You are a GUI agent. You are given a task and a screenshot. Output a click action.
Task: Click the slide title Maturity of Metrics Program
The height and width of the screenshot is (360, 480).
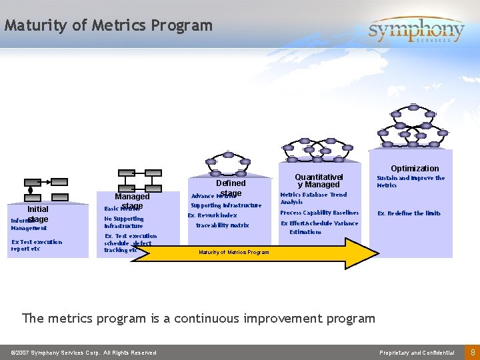(108, 26)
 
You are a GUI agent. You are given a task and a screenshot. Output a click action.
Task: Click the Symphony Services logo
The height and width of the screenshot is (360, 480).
(416, 30)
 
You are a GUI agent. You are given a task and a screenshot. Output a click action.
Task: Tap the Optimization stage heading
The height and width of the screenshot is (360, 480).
(415, 168)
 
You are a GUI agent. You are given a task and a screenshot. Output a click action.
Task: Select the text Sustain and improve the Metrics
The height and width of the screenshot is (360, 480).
(411, 181)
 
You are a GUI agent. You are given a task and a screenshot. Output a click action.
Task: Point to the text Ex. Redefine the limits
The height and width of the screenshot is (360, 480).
(409, 213)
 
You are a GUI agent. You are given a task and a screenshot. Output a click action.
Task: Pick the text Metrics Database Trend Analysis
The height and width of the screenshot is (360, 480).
(313, 198)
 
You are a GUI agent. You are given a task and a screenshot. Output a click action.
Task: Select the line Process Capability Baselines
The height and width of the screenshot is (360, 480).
(319, 213)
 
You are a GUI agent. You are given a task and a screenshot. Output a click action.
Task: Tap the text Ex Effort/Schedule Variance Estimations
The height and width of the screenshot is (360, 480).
(319, 227)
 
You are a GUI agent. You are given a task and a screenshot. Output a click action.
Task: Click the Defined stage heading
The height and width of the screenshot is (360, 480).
(231, 187)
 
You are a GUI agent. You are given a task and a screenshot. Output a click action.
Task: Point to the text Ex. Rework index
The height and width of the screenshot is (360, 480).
(212, 215)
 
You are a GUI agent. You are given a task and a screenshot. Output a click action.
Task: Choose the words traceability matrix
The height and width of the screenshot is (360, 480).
(222, 225)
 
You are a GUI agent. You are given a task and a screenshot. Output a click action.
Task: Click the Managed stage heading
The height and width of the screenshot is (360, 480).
(132, 201)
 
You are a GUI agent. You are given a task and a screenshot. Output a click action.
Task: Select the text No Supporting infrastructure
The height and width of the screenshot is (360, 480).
(123, 222)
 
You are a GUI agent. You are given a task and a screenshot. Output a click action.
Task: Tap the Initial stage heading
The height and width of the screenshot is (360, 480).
(37, 213)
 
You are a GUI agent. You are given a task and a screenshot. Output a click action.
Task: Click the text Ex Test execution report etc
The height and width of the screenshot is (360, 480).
(37, 245)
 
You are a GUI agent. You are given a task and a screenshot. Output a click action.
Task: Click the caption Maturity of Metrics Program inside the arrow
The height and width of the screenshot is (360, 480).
(234, 252)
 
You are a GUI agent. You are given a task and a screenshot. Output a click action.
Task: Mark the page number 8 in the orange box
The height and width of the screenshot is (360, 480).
(472, 352)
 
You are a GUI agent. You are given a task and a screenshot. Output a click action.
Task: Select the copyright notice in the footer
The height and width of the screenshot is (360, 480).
(83, 353)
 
